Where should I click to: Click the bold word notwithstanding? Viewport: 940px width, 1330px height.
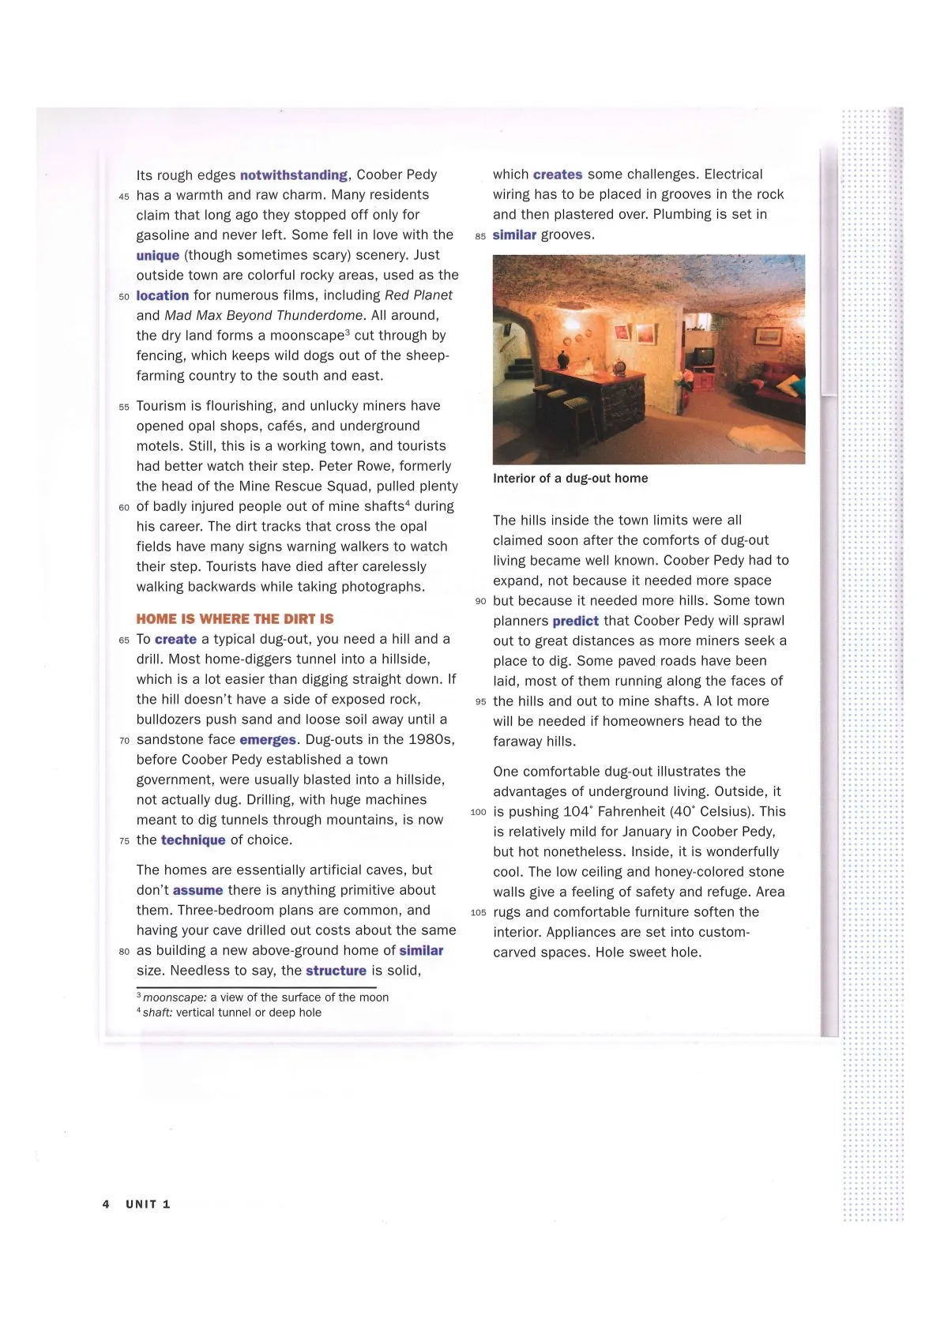pyautogui.click(x=293, y=175)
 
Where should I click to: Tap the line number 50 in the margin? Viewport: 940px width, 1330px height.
pyautogui.click(x=124, y=297)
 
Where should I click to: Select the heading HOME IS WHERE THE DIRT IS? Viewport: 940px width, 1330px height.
pyautogui.click(x=235, y=619)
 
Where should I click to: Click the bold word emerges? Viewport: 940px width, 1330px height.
pyautogui.click(x=268, y=740)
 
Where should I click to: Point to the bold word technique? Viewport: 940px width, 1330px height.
pyautogui.click(x=194, y=840)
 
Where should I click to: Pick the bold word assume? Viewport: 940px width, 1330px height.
pyautogui.click(x=197, y=890)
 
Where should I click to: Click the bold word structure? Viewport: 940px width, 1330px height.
pyautogui.click(x=336, y=971)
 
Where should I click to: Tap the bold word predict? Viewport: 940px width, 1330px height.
pyautogui.click(x=575, y=622)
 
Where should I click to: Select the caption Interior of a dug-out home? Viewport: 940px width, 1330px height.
pyautogui.click(x=570, y=479)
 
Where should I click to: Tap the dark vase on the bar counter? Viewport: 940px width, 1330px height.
pyautogui.click(x=562, y=359)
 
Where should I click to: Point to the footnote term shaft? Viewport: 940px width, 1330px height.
pyautogui.click(x=157, y=1013)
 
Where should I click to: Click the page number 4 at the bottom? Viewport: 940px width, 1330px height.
pyautogui.click(x=106, y=1204)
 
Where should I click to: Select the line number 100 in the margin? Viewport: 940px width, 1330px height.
pyautogui.click(x=478, y=813)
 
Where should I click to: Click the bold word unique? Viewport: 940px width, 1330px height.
pyautogui.click(x=157, y=256)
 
